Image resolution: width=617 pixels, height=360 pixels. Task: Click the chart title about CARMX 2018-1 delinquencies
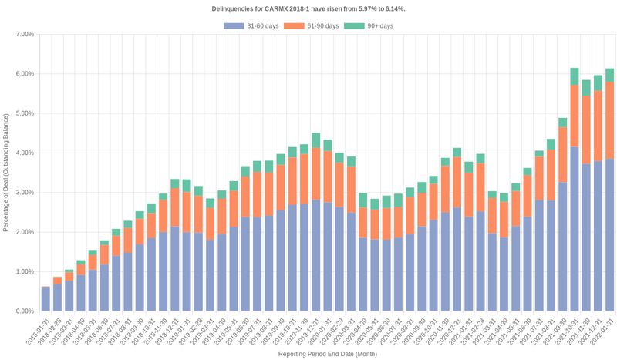click(x=308, y=8)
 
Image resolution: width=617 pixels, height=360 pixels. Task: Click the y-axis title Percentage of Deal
click(x=6, y=173)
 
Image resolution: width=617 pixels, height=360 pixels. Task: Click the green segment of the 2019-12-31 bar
click(x=315, y=140)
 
